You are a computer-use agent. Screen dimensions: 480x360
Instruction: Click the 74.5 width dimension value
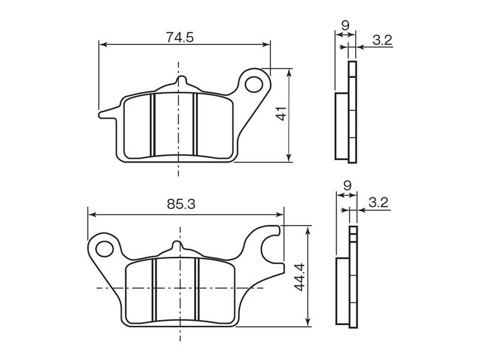tap(180, 37)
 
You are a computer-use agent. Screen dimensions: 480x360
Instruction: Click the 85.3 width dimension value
tap(181, 204)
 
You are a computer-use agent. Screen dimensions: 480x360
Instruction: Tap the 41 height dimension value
tap(281, 113)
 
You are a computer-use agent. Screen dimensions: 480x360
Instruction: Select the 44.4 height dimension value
tap(299, 277)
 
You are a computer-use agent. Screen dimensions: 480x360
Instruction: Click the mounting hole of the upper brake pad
tap(254, 84)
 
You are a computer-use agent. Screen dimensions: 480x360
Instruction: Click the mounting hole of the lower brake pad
tap(104, 248)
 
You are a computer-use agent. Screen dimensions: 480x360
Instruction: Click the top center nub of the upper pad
tap(181, 80)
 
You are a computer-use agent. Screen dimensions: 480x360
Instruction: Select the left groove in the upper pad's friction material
tap(153, 125)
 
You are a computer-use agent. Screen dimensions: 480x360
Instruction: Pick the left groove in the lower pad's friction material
tap(154, 290)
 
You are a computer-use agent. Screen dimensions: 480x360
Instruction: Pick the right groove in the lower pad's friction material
tap(197, 290)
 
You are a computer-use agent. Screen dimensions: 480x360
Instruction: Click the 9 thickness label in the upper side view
tap(345, 26)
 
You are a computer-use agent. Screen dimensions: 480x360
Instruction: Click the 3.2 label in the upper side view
tap(382, 40)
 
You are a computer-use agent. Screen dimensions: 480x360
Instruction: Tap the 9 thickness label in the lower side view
tap(347, 186)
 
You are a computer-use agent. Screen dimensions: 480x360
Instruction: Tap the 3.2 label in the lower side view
tap(379, 202)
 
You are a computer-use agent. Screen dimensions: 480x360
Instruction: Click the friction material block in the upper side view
tap(341, 126)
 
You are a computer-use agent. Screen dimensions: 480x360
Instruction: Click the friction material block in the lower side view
tap(343, 291)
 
